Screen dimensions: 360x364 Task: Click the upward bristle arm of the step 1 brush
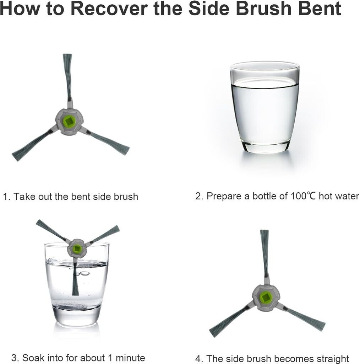68,77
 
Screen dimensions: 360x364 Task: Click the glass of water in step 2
265,107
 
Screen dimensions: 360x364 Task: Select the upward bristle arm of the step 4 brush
264,253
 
